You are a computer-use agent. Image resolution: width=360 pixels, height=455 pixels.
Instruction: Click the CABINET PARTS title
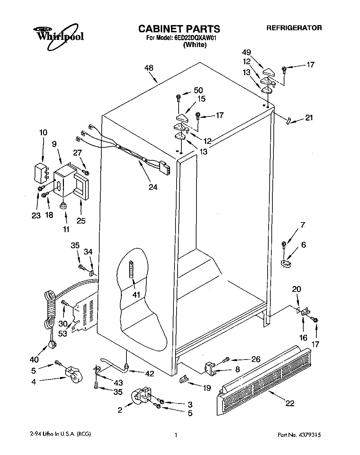[x=179, y=29]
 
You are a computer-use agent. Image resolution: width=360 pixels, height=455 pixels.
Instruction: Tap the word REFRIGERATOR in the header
[x=294, y=28]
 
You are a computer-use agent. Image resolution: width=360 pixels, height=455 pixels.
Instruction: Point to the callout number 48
[x=149, y=68]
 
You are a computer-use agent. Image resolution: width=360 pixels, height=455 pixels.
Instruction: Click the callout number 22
[x=290, y=403]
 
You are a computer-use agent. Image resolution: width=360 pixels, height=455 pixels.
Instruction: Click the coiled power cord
[x=50, y=309]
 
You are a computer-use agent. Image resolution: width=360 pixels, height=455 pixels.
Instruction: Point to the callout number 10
[x=43, y=133]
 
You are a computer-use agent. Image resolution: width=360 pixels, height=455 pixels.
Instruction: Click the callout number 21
[x=309, y=118]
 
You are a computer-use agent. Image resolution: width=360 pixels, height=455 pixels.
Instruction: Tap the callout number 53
[x=63, y=333]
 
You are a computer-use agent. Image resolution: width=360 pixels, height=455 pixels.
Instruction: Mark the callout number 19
[x=206, y=388]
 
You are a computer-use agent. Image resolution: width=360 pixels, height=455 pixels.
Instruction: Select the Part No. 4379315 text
[x=299, y=435]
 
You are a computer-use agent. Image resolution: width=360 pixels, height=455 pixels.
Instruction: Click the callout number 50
[x=198, y=90]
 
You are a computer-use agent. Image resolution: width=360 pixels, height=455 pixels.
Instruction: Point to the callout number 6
[x=303, y=245]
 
